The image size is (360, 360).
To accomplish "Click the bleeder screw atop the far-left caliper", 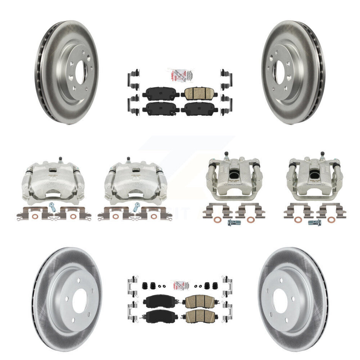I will [x=59, y=158].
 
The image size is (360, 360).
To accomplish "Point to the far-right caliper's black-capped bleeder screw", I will [x=322, y=155].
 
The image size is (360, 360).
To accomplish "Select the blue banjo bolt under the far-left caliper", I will [x=52, y=207].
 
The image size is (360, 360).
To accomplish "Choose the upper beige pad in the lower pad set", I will [x=196, y=302].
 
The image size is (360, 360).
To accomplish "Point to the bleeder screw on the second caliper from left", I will [x=128, y=158].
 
